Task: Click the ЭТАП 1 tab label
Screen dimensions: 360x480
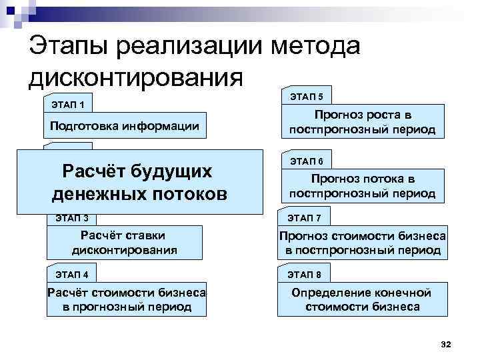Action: point(67,104)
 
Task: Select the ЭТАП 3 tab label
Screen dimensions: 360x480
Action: point(72,217)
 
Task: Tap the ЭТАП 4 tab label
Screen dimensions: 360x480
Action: point(72,273)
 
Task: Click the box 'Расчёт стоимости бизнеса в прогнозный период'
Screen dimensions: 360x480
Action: point(125,299)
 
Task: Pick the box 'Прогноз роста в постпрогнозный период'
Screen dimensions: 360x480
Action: point(363,121)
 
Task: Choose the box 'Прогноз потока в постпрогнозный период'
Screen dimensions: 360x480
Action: point(363,186)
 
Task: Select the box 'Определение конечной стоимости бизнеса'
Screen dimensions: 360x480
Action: point(363,300)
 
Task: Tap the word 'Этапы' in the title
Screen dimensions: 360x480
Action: point(69,48)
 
